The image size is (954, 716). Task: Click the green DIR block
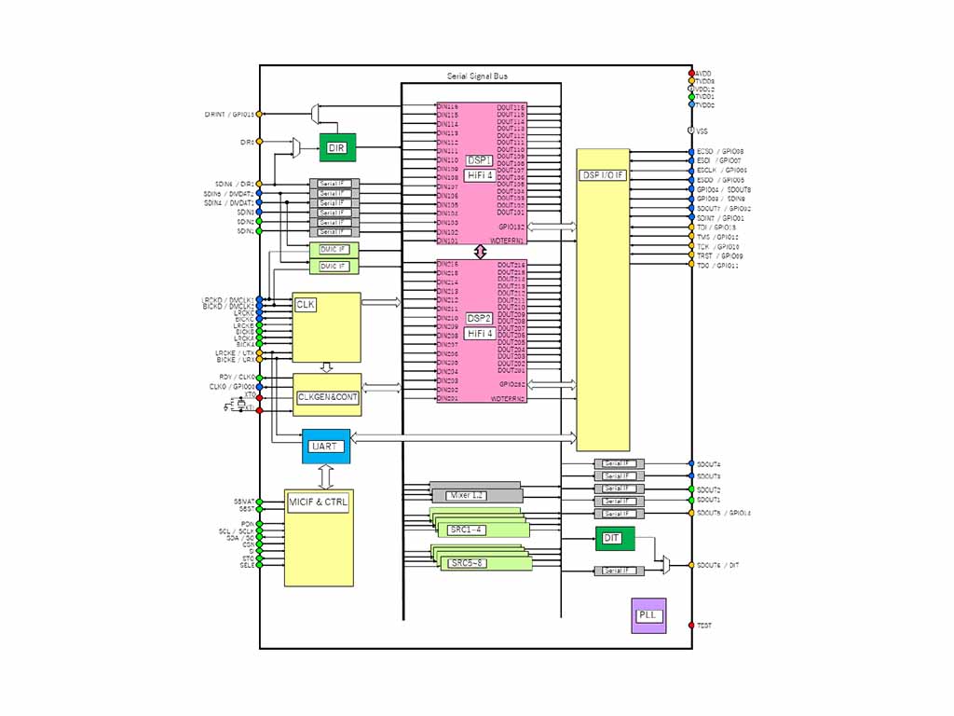coord(337,147)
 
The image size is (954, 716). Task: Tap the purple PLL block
coord(648,615)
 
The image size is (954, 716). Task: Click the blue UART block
coord(325,447)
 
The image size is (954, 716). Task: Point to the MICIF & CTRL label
coord(318,503)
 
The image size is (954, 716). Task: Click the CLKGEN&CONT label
coord(327,397)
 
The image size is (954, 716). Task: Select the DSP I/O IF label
coord(603,175)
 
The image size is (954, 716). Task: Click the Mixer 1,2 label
coord(466,495)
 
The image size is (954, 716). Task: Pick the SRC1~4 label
coord(466,530)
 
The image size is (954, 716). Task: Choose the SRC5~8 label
coord(466,563)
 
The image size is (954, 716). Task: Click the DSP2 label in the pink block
coord(480,318)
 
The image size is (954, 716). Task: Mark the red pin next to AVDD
coord(691,73)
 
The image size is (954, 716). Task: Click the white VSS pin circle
coord(691,131)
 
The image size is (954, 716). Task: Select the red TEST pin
coord(691,625)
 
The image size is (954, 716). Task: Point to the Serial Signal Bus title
coord(477,76)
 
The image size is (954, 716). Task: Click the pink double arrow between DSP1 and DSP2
coord(481,252)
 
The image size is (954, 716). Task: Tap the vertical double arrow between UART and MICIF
coord(325,476)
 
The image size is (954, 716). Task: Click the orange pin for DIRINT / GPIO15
coord(259,114)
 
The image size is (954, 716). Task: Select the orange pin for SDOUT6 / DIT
coord(691,565)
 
